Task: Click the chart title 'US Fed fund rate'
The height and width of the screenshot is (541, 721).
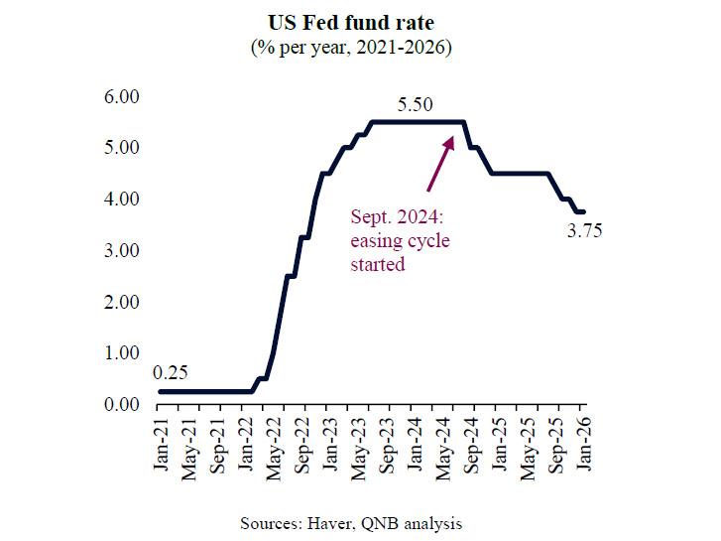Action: [x=360, y=22]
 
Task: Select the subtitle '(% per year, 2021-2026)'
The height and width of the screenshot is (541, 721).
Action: [x=360, y=47]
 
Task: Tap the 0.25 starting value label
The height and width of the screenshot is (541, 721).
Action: [x=171, y=373]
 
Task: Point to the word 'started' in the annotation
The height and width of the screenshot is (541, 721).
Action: [x=378, y=265]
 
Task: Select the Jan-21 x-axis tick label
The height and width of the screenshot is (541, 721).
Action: [x=159, y=448]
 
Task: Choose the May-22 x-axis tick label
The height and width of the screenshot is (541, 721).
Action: [x=272, y=448]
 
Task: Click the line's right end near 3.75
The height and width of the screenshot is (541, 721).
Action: [x=583, y=211]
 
